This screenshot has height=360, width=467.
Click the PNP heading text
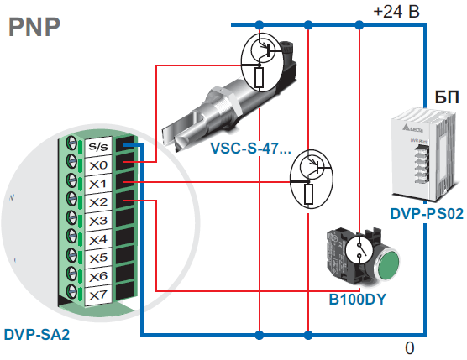[x=34, y=27]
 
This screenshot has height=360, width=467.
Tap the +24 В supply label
[x=396, y=11]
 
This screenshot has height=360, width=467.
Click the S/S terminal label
[x=98, y=146]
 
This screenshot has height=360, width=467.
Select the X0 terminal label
[x=98, y=165]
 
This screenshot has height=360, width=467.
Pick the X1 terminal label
[x=98, y=184]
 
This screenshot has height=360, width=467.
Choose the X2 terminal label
[x=98, y=202]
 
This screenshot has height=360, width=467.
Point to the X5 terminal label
[x=98, y=258]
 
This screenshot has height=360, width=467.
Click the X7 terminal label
[x=98, y=295]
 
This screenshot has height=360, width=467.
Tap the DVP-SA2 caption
[x=37, y=335]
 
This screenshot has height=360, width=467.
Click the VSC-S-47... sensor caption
[x=250, y=148]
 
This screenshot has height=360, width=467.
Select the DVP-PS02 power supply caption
[x=427, y=214]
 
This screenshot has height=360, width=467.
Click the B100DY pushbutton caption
[x=358, y=299]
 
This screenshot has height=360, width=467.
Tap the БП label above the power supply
[x=447, y=97]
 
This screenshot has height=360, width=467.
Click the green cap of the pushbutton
[x=389, y=265]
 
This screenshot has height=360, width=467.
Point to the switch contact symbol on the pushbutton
[x=359, y=250]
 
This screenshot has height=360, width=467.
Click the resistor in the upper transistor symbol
[x=259, y=78]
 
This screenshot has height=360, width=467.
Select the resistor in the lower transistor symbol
[x=308, y=194]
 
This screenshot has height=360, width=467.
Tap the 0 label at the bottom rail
[x=410, y=347]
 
